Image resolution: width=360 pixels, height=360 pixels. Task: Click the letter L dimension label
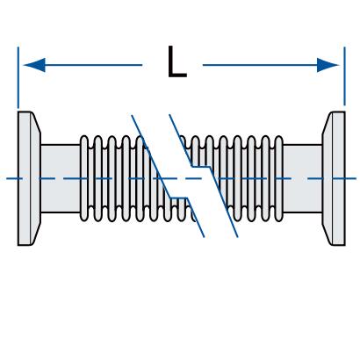click(176, 61)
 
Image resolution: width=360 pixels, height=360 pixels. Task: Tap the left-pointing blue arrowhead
click(34, 65)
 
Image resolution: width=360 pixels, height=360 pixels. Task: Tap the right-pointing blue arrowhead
click(328, 65)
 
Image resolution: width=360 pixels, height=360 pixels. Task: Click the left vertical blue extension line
click(18, 77)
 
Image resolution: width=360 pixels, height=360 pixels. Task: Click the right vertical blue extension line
click(344, 76)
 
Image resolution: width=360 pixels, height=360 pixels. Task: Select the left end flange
click(29, 178)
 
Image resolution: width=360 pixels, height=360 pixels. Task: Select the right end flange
click(334, 178)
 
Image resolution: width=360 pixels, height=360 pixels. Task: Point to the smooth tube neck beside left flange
click(61, 178)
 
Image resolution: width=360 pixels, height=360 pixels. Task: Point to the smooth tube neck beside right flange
click(303, 178)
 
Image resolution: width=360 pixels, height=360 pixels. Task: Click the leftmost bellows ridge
click(84, 178)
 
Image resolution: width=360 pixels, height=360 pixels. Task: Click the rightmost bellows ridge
click(279, 178)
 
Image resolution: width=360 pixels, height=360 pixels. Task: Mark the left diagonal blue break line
click(168, 176)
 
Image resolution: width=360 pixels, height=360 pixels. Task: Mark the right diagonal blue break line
click(204, 176)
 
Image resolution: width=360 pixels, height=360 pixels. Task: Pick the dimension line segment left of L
click(94, 65)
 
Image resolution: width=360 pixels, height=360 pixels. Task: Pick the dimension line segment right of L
click(271, 65)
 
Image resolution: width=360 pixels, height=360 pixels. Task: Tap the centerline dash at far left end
click(15, 178)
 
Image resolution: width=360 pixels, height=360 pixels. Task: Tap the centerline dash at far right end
click(349, 178)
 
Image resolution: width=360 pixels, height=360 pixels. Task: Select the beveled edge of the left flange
click(36, 178)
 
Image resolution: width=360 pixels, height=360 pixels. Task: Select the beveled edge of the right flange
click(328, 178)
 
